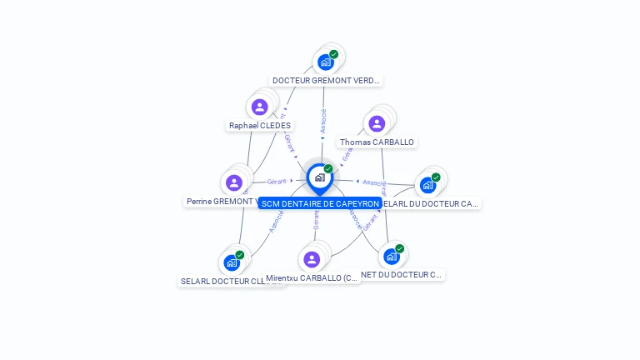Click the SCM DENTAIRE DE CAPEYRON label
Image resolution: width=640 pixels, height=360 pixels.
point(320,203)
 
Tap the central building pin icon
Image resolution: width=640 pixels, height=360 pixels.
point(319,177)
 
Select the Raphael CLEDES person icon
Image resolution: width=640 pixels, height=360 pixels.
point(259,107)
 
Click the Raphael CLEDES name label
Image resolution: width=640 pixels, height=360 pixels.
point(260,126)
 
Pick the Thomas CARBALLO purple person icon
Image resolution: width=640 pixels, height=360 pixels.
point(377,124)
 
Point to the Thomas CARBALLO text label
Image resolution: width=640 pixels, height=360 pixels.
point(377,142)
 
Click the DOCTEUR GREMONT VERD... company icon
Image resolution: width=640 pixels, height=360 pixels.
point(326,62)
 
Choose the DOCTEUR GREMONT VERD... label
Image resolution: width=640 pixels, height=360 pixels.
point(327,81)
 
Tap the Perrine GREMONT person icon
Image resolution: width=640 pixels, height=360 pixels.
point(234,182)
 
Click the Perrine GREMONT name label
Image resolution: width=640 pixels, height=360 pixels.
point(220,202)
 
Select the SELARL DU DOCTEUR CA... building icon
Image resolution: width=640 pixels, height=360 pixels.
point(428,184)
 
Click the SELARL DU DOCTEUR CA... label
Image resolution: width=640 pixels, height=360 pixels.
point(430,203)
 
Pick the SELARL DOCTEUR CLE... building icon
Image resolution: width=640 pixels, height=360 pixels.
point(232,262)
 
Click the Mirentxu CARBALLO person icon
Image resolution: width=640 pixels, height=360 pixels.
point(312,259)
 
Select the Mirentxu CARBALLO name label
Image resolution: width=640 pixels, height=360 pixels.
point(312,278)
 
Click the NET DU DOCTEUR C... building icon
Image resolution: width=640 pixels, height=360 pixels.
point(392,256)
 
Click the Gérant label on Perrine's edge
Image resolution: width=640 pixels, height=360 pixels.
point(277,182)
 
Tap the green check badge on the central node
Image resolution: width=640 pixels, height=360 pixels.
point(328,169)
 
